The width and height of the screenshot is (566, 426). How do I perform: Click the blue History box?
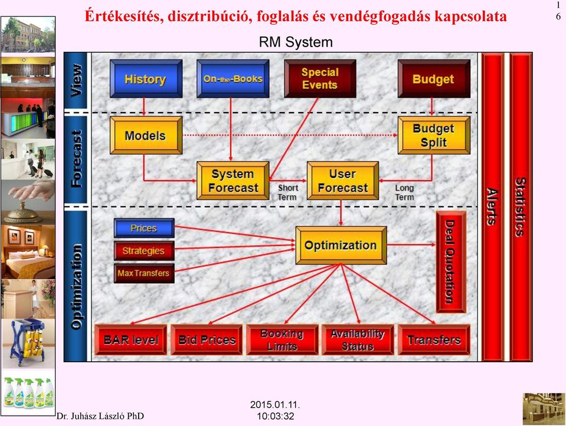146,78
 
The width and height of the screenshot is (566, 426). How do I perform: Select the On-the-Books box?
233,78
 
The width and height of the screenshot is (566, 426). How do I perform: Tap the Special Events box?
320,78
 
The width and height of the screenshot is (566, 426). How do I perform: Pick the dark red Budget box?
434,78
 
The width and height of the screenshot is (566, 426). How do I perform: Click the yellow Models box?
146,135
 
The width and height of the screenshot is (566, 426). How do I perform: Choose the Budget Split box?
434,135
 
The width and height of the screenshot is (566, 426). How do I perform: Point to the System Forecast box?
233,181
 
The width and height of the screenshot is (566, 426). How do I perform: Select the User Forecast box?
343,181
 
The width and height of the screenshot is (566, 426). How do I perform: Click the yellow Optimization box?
341,245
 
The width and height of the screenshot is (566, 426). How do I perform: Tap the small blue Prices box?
144,228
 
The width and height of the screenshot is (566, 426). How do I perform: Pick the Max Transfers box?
144,273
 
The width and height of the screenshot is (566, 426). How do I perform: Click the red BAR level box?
130,340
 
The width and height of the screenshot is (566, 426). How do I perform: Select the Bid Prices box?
207,340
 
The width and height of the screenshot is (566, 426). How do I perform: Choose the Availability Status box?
358,340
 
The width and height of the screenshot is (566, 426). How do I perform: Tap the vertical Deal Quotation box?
451,262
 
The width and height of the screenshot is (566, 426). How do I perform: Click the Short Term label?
287,192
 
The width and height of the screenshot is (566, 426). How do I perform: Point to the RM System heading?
296,42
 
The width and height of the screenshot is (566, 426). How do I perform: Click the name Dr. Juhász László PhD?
100,416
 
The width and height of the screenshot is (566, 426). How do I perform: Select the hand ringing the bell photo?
28,202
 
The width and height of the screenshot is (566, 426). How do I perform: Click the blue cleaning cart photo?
28,343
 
